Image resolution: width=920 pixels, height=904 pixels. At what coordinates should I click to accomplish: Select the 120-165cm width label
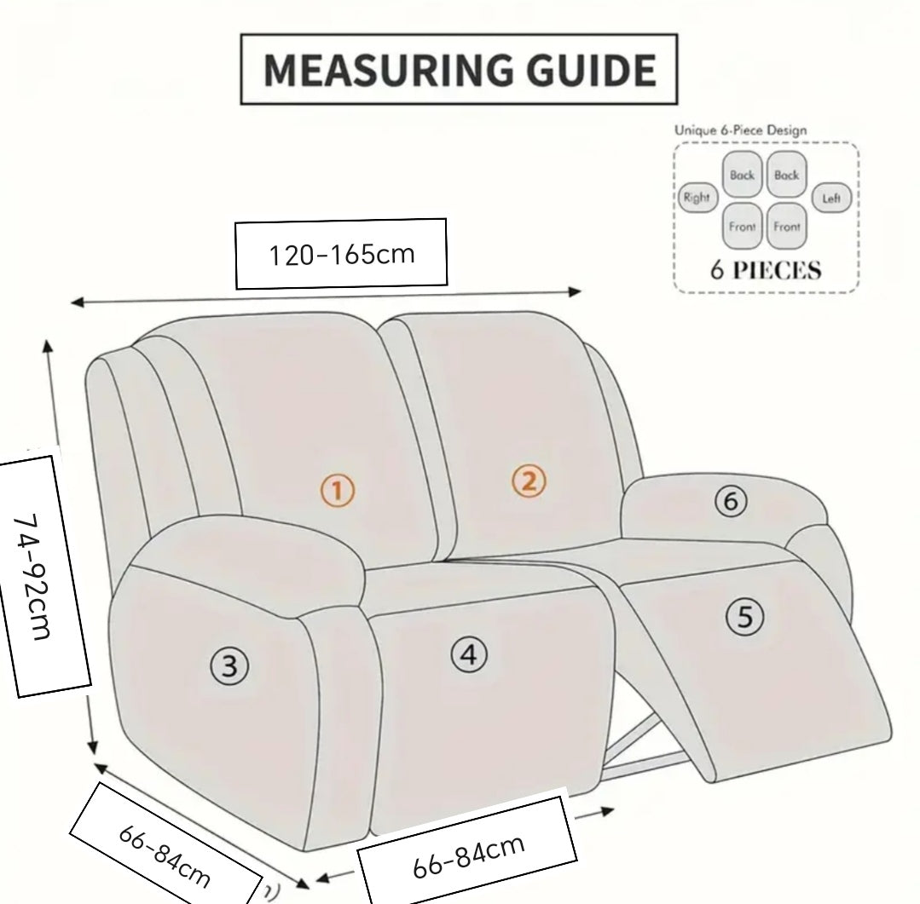342,254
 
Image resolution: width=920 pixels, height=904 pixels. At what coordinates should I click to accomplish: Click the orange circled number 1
338,490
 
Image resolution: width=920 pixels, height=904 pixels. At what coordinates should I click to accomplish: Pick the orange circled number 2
529,481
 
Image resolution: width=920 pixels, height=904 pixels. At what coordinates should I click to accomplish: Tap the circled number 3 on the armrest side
229,665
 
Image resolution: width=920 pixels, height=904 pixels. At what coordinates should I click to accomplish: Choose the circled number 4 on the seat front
468,654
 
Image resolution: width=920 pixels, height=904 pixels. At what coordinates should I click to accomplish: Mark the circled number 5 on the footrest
745,615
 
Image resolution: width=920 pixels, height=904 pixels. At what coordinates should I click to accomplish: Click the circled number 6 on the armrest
730,501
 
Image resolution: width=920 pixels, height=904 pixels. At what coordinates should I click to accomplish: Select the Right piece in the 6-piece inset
696,198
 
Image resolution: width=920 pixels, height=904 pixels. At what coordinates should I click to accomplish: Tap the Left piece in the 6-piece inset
831,199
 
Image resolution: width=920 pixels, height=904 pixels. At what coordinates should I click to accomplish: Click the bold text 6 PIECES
766,271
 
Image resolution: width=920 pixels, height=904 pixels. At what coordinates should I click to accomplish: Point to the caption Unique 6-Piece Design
740,130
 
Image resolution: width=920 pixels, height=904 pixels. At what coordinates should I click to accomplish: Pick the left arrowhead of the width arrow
76,302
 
